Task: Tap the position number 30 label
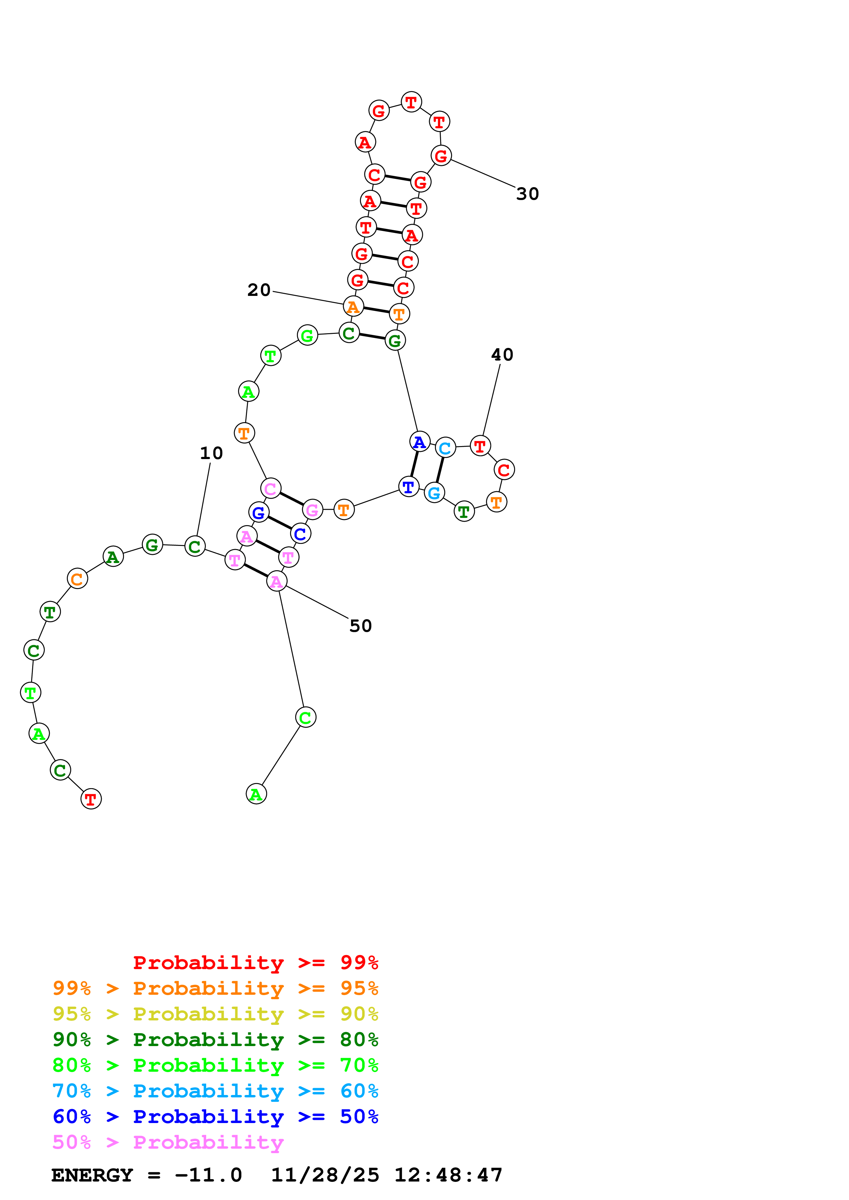tap(527, 194)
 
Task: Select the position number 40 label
tap(502, 354)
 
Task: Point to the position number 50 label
tap(360, 626)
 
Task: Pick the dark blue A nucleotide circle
tap(420, 442)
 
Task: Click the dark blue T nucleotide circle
tap(409, 486)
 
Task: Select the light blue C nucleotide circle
tap(445, 448)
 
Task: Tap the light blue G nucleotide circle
tap(434, 492)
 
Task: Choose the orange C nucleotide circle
tap(77, 578)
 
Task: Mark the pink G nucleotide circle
tap(312, 510)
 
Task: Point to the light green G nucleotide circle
tap(307, 335)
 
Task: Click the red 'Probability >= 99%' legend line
tap(255, 962)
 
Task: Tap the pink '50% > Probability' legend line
tap(168, 1142)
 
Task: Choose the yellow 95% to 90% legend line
tap(215, 1014)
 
